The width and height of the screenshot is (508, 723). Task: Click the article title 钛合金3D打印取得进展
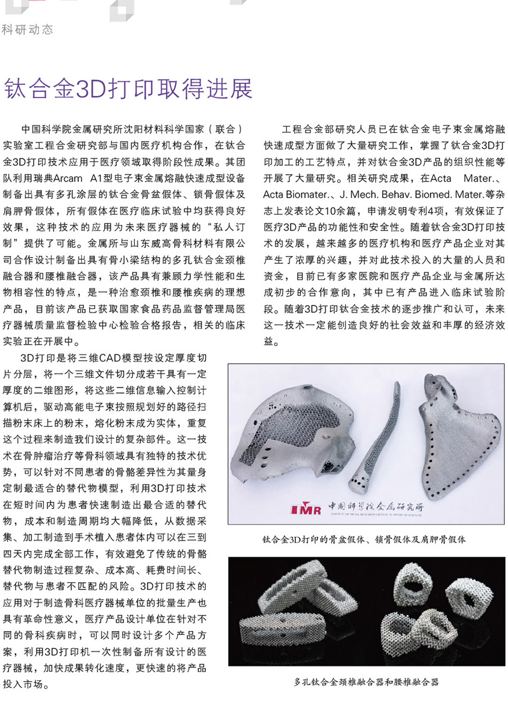tap(128, 89)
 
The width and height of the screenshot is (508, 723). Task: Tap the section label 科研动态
tap(27, 30)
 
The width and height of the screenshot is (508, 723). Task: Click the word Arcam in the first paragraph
tap(67, 178)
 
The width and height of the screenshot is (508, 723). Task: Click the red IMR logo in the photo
tap(306, 509)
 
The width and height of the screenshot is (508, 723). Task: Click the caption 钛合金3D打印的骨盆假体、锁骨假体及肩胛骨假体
tap(364, 540)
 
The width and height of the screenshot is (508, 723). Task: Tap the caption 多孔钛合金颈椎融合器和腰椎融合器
tap(366, 682)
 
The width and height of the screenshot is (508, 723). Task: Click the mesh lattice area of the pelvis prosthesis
tap(290, 430)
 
